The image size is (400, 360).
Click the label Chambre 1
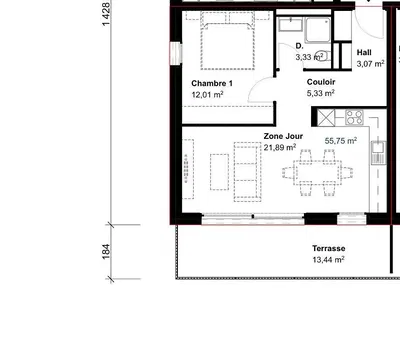pyautogui.click(x=211, y=83)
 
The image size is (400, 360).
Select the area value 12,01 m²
pyautogui.click(x=206, y=95)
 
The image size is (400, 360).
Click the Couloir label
pyautogui.click(x=321, y=82)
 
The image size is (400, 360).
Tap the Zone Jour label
pyautogui.click(x=283, y=135)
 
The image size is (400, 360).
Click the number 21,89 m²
pyautogui.click(x=281, y=148)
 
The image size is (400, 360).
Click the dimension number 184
pyautogui.click(x=106, y=250)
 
